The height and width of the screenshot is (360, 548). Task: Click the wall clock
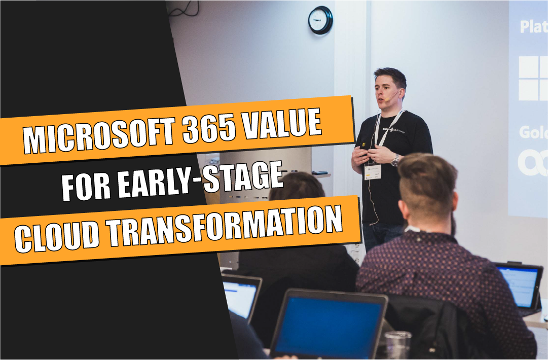coord(320,20)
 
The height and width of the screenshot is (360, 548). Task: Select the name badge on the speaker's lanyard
coord(373,172)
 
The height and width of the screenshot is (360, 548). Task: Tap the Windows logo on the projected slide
coord(533,78)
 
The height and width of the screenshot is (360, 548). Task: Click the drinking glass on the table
coord(398,345)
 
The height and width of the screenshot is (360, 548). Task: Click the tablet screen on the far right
coord(518,286)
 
